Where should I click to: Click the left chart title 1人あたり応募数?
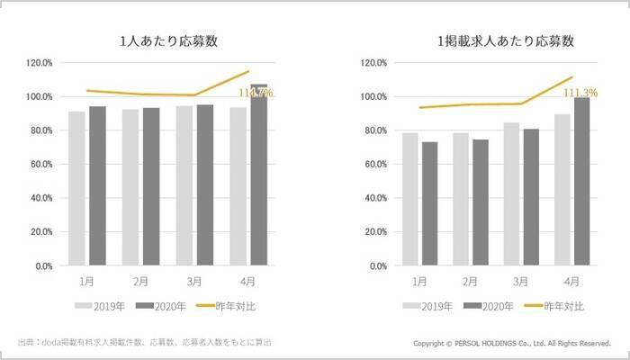pyautogui.click(x=169, y=41)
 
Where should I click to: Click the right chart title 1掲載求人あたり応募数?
pyautogui.click(x=504, y=41)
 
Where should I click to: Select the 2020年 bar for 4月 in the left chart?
pyautogui.click(x=259, y=175)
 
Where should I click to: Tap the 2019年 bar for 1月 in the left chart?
pyautogui.click(x=76, y=189)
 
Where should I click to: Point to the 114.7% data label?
pyautogui.click(x=255, y=93)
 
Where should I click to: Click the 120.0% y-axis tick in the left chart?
pyautogui.click(x=40, y=63)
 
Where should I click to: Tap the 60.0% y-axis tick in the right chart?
pyautogui.click(x=374, y=165)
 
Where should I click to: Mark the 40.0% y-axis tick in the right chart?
pyautogui.click(x=374, y=198)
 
